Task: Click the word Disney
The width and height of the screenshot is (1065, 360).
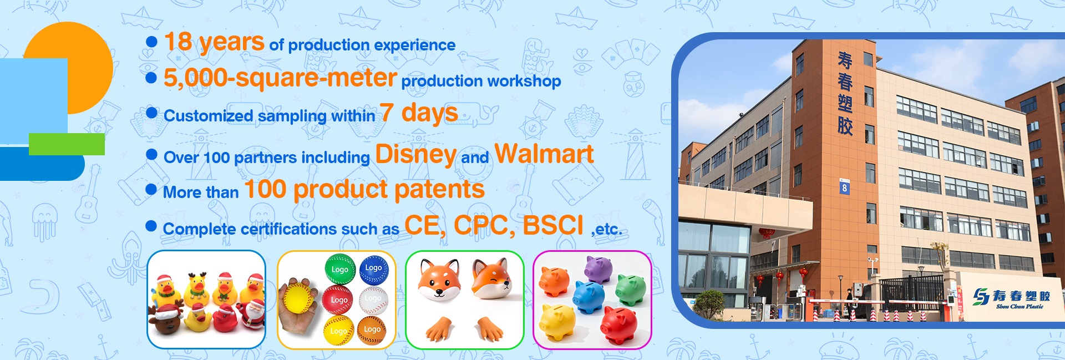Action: click(415, 154)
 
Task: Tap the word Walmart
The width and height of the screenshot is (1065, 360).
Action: click(544, 154)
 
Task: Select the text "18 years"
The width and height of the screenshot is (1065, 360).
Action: click(214, 42)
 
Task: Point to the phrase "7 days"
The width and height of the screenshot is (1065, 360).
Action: click(419, 113)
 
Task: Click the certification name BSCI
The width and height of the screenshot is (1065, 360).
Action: click(553, 225)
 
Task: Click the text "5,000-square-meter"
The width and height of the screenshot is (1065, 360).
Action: click(280, 78)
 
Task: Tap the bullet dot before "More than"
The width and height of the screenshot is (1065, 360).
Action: click(151, 189)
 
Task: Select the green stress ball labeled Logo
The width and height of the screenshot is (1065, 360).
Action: click(339, 269)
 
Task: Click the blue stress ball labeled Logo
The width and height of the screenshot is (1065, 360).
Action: click(374, 268)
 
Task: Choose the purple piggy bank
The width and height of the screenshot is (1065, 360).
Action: click(599, 269)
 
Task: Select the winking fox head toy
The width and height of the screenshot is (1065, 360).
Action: click(491, 278)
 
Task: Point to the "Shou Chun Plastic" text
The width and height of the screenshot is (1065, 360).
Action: click(1020, 306)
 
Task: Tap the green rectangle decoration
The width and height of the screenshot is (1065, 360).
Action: click(67, 144)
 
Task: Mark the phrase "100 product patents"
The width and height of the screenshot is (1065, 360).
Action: click(364, 190)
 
